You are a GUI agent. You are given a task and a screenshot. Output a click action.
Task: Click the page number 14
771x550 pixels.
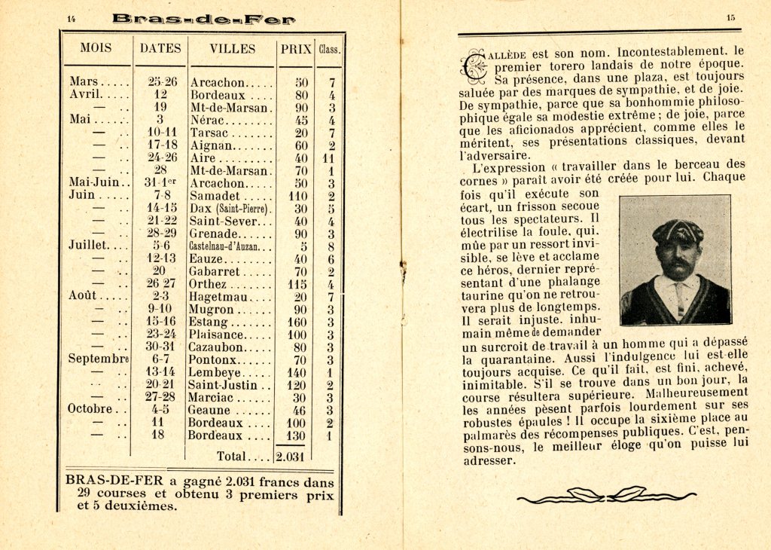[72, 19]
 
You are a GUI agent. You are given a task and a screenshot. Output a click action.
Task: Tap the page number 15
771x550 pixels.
[730, 18]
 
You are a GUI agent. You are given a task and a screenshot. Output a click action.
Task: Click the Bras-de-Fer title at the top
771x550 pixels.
[203, 20]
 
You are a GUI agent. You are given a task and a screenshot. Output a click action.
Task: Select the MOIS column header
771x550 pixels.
[96, 48]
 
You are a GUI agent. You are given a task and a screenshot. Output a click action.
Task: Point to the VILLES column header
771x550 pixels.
[232, 48]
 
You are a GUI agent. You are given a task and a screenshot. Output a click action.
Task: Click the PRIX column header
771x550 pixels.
[296, 49]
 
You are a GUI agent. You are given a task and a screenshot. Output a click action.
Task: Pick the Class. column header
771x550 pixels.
[330, 50]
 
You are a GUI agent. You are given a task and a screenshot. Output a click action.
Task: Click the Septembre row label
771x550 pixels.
[99, 359]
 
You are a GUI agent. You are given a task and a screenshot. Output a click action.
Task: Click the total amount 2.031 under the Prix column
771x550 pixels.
[289, 456]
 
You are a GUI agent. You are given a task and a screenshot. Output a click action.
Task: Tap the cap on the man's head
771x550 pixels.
[678, 230]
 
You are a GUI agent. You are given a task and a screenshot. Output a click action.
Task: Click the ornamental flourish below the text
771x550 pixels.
[607, 495]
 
